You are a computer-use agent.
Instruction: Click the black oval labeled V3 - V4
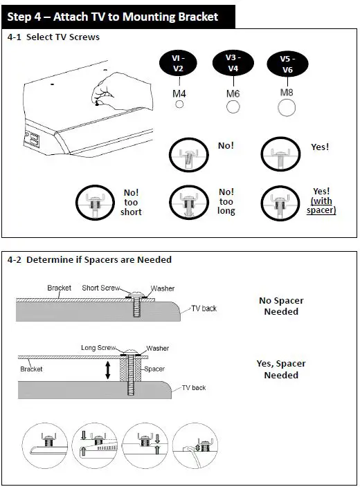click(x=233, y=63)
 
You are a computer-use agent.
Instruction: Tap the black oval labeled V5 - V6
click(x=287, y=64)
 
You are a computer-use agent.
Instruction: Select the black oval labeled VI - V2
click(x=178, y=63)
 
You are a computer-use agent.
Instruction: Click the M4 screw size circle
click(x=179, y=104)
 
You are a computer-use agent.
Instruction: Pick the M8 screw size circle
click(x=287, y=108)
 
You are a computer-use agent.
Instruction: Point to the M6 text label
click(x=233, y=93)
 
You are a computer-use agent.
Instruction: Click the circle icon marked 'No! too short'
click(x=96, y=203)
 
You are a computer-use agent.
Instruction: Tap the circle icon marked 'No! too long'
click(x=189, y=203)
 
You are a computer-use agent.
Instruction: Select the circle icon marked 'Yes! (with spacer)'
click(x=280, y=203)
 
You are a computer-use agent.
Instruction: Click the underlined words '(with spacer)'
click(x=321, y=205)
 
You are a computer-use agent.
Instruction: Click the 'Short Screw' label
click(x=101, y=288)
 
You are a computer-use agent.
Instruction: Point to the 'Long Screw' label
click(x=98, y=347)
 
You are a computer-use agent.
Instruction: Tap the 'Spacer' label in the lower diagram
click(x=154, y=369)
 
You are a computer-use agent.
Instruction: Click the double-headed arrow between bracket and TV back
click(x=108, y=370)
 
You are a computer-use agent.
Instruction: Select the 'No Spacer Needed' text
click(x=281, y=306)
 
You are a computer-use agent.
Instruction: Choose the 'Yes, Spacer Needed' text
click(x=281, y=369)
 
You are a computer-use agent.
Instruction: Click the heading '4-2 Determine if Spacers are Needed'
click(x=89, y=260)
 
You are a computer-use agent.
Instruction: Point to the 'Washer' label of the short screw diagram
click(x=163, y=288)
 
